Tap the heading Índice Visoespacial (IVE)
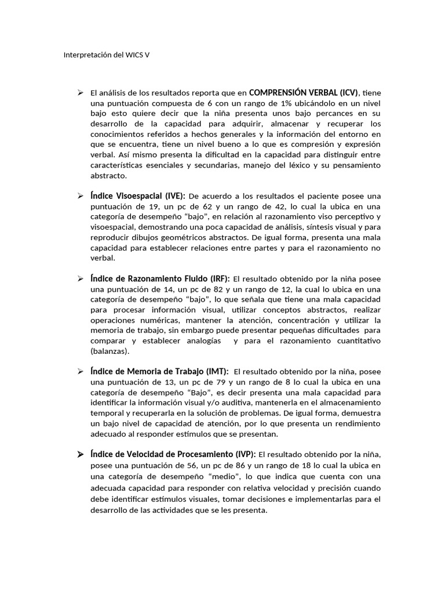[138, 195]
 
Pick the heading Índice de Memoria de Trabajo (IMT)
[159, 371]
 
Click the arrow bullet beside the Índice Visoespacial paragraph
[81, 195]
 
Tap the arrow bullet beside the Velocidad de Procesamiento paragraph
[81, 454]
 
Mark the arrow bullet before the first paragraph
[81, 92]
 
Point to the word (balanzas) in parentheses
[110, 352]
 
